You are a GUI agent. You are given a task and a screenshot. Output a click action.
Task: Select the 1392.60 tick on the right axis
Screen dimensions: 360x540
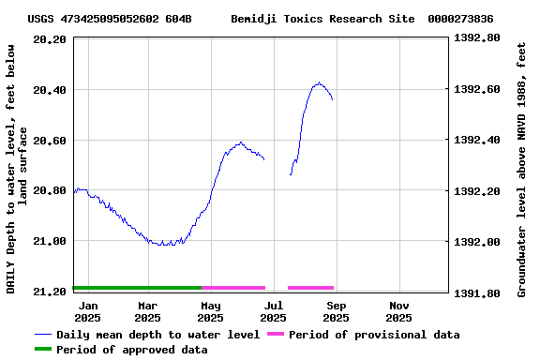476,90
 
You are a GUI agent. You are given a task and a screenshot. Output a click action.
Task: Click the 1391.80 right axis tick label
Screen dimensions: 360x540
476,292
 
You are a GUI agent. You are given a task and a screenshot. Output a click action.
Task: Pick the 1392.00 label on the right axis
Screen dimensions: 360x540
476,242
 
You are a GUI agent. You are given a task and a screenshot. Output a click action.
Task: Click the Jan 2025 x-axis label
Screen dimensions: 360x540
88,311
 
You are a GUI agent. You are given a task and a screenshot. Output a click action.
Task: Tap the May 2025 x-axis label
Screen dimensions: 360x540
211,311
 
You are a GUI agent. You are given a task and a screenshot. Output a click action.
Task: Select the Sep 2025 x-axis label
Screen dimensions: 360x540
337,311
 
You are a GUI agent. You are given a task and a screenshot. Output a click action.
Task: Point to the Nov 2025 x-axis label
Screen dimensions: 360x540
399,311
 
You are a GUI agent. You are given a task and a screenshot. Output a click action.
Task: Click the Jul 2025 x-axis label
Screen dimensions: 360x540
274,311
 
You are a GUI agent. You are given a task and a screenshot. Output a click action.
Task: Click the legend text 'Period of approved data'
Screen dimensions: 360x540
132,350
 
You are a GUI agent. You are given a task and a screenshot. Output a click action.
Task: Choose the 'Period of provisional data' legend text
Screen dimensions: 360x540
374,335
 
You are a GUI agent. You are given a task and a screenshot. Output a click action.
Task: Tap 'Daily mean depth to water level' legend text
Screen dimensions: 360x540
157,335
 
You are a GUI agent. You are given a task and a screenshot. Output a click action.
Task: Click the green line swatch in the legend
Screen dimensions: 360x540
42,350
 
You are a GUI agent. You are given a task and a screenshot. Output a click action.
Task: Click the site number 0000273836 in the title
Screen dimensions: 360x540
460,19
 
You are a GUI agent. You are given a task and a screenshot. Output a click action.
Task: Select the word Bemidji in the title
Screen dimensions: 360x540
253,19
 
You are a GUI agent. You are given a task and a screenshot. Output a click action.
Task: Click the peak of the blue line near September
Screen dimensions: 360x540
320,82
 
